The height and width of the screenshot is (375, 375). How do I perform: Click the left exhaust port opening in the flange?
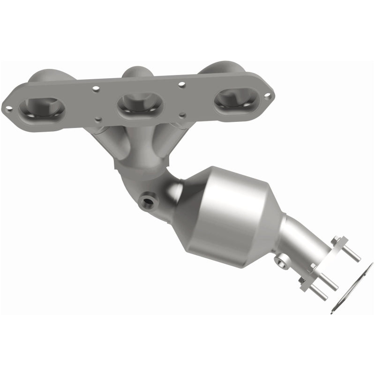point(41,108)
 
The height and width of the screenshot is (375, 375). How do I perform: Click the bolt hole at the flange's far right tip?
point(267,96)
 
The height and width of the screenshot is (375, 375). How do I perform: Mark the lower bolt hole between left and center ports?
point(98,119)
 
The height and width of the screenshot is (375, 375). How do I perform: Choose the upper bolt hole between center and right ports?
point(182,85)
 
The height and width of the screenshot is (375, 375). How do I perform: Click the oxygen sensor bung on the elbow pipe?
point(148,202)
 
